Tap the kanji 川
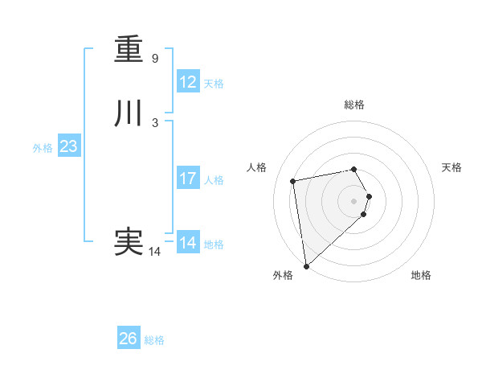(129, 114)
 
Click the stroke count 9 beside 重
(155, 59)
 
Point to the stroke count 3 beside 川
(155, 123)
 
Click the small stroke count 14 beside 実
(155, 251)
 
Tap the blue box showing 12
(188, 82)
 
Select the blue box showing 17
(188, 179)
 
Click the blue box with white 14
(188, 242)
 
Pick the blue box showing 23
(69, 146)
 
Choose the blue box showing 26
(129, 339)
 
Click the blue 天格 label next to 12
(213, 84)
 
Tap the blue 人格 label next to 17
(213, 180)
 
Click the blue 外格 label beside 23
(43, 148)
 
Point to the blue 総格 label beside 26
(154, 340)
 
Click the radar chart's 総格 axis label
(354, 105)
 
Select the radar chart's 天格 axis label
(451, 167)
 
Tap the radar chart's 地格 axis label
(421, 275)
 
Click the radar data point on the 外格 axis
(306, 265)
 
